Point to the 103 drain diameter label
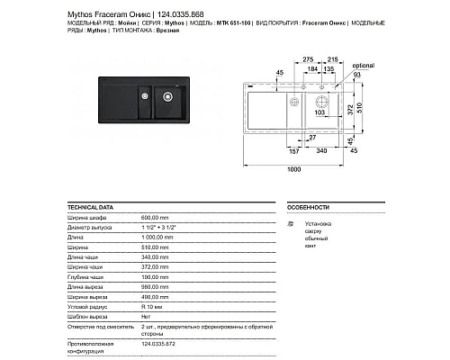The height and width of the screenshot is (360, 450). (x=321, y=114)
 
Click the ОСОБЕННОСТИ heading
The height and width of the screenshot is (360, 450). (x=305, y=207)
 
